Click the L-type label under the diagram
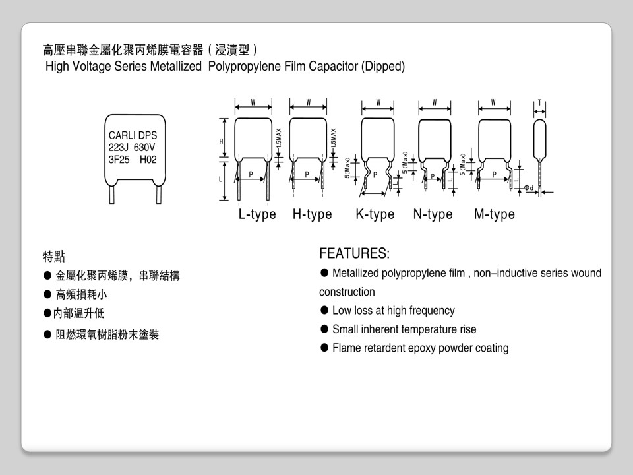tap(257, 214)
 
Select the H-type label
tap(312, 214)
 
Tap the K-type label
tap(375, 214)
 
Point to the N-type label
tap(433, 214)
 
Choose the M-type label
tap(494, 214)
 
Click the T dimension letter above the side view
tap(539, 102)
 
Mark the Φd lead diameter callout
tap(529, 188)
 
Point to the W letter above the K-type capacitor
tap(378, 102)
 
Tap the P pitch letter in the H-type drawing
tap(307, 174)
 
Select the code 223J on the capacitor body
tap(119, 147)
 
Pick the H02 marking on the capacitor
tap(148, 160)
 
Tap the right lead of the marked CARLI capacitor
tap(158, 195)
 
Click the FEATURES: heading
tap(354, 253)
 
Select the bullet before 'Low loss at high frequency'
tap(324, 310)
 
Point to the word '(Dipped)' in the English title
tap(383, 66)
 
